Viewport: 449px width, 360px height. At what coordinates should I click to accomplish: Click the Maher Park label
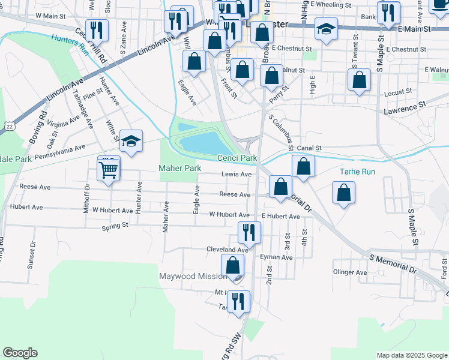[179, 169]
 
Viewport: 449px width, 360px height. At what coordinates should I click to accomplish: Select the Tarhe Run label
[357, 172]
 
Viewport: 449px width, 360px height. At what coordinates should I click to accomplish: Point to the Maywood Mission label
[193, 277]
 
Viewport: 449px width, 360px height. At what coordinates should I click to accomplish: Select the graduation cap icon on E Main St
[326, 29]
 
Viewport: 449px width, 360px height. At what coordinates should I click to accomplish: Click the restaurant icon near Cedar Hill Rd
[96, 29]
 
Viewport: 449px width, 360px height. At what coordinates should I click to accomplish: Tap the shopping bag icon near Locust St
[359, 80]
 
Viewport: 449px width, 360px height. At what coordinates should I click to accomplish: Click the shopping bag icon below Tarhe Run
[344, 193]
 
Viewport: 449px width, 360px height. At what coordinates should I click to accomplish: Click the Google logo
[20, 353]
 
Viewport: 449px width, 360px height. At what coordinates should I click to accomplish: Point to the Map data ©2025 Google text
[411, 355]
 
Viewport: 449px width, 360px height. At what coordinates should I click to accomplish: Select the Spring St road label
[115, 226]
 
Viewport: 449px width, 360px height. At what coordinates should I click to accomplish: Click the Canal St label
[311, 148]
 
